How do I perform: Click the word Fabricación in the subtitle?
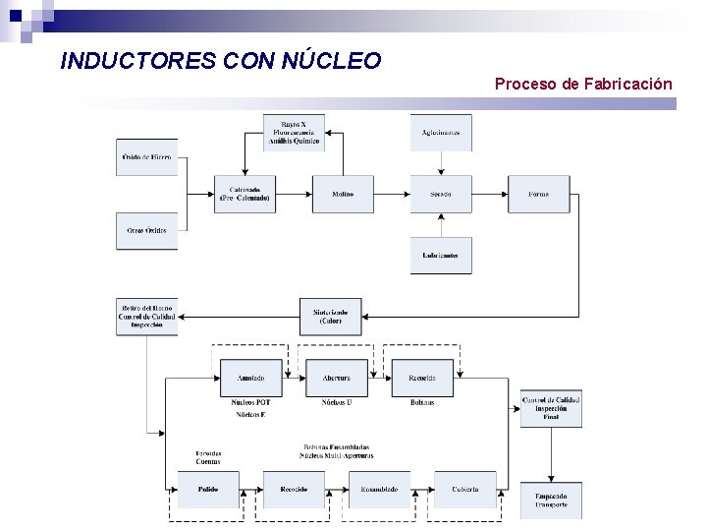[628, 85]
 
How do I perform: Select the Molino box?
[343, 194]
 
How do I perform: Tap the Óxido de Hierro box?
[146, 157]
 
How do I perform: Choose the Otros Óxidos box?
[146, 230]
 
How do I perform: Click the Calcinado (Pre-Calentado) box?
[245, 194]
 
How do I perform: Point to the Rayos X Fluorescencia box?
[293, 133]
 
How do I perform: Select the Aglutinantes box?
[440, 133]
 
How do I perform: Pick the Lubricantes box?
[440, 255]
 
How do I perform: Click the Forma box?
[538, 194]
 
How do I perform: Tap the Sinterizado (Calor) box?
[330, 317]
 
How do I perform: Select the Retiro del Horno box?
[146, 317]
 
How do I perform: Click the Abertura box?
[336, 378]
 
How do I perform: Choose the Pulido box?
[207, 489]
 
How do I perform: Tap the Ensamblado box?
[379, 489]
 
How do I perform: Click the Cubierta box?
[465, 489]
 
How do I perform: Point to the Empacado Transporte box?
[551, 500]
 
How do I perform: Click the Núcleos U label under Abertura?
[336, 402]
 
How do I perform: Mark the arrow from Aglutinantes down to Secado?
[440, 163]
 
